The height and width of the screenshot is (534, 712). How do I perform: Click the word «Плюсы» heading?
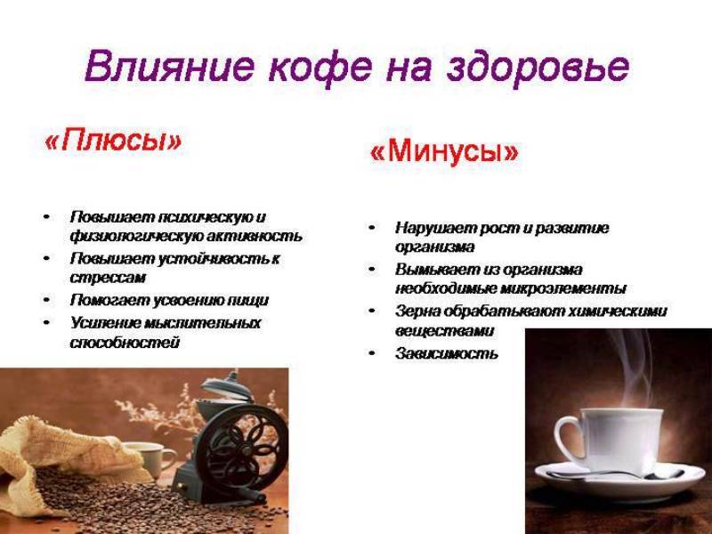(112, 141)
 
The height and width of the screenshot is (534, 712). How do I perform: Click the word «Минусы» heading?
(443, 152)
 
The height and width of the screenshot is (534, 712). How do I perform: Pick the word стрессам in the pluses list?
(108, 278)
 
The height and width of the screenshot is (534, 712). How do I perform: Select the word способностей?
(125, 343)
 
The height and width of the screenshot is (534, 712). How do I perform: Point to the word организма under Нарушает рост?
(435, 247)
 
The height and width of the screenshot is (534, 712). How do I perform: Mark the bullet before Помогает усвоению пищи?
(45, 301)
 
